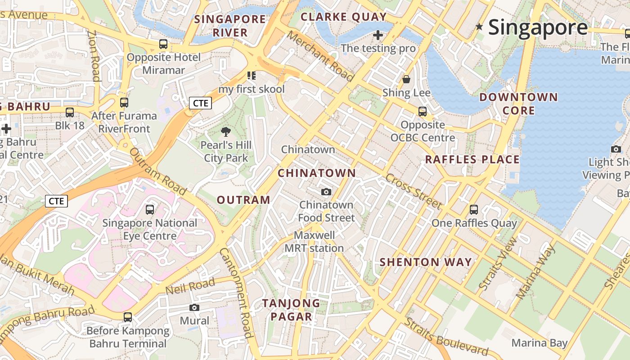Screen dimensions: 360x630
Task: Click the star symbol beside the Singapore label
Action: point(480,27)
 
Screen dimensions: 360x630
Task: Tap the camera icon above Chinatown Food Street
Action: point(326,192)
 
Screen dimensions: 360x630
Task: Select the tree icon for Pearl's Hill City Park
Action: point(226,132)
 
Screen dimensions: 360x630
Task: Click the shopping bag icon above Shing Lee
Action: point(406,79)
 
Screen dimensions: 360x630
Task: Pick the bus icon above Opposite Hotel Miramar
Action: point(163,44)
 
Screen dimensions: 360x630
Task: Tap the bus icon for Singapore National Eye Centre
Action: point(150,209)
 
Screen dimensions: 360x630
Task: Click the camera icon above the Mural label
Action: point(194,307)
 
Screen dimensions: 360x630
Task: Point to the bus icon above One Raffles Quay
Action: point(473,209)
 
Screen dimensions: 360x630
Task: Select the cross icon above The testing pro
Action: point(378,35)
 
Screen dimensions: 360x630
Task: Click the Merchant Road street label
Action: point(320,56)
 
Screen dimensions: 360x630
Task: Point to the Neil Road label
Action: point(190,287)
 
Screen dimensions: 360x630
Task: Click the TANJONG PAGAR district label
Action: point(291,310)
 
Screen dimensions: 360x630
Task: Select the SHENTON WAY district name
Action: point(426,262)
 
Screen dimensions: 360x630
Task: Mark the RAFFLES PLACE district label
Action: point(472,159)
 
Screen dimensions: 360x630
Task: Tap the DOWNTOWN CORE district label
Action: point(518,103)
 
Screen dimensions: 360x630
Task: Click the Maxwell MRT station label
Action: point(314,242)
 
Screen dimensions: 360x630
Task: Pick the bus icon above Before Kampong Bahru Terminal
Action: point(128,317)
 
